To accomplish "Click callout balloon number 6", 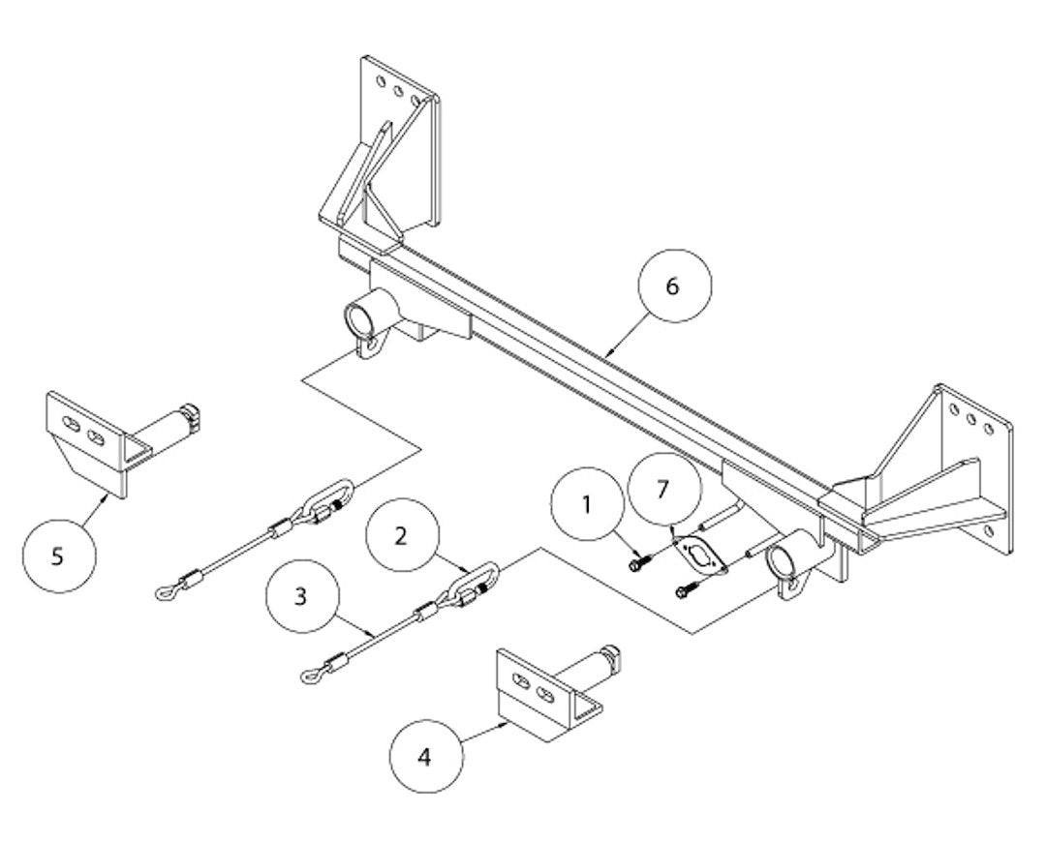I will [674, 286].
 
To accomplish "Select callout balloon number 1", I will [586, 506].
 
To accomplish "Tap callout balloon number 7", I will [662, 490].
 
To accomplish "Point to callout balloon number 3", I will [301, 596].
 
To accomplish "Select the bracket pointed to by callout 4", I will [542, 693].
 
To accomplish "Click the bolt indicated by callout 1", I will [635, 560].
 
